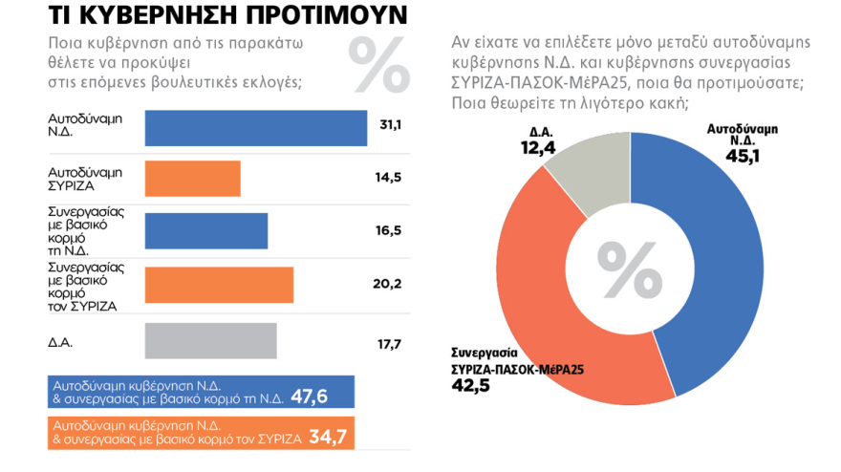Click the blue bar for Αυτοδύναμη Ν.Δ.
pos(255,128)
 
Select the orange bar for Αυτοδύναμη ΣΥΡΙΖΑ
pos(192,179)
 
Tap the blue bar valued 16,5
pos(205,230)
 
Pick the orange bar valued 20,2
pos(219,285)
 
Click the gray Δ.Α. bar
pos(210,341)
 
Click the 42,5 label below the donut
pos(470,385)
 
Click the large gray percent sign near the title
pos(377,63)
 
